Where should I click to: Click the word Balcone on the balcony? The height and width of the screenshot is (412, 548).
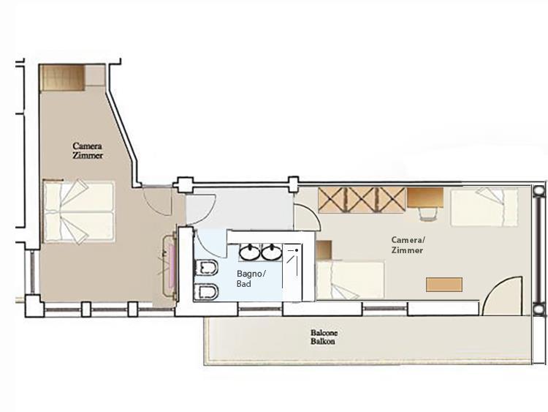tap(324, 332)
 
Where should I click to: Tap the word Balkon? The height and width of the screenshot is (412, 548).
tap(322, 341)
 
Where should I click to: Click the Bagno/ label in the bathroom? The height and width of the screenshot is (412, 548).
tap(251, 274)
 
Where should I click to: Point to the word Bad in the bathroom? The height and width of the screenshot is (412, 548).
tap(243, 283)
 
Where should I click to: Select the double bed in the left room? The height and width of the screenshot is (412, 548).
tap(79, 211)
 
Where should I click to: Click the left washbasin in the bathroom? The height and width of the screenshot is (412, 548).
tap(250, 252)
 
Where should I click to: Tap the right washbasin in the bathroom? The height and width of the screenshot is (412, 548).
tap(272, 252)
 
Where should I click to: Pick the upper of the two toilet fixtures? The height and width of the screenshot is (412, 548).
tap(206, 268)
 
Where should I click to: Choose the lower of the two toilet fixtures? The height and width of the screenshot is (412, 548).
tap(206, 291)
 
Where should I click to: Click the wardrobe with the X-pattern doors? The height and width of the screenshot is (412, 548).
tap(362, 200)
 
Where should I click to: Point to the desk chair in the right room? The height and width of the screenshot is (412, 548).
tap(427, 213)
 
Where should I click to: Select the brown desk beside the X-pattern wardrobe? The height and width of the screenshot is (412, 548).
tap(425, 198)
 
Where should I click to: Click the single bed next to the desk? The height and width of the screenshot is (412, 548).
tap(484, 207)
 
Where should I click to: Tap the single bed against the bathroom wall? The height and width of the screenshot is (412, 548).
tap(350, 280)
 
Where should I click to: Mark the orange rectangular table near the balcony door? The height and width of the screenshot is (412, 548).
tap(444, 284)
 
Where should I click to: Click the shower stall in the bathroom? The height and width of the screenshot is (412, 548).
tap(292, 272)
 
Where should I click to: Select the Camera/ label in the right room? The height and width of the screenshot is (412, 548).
tap(408, 240)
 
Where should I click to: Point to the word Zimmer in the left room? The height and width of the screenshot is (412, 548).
tap(88, 155)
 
